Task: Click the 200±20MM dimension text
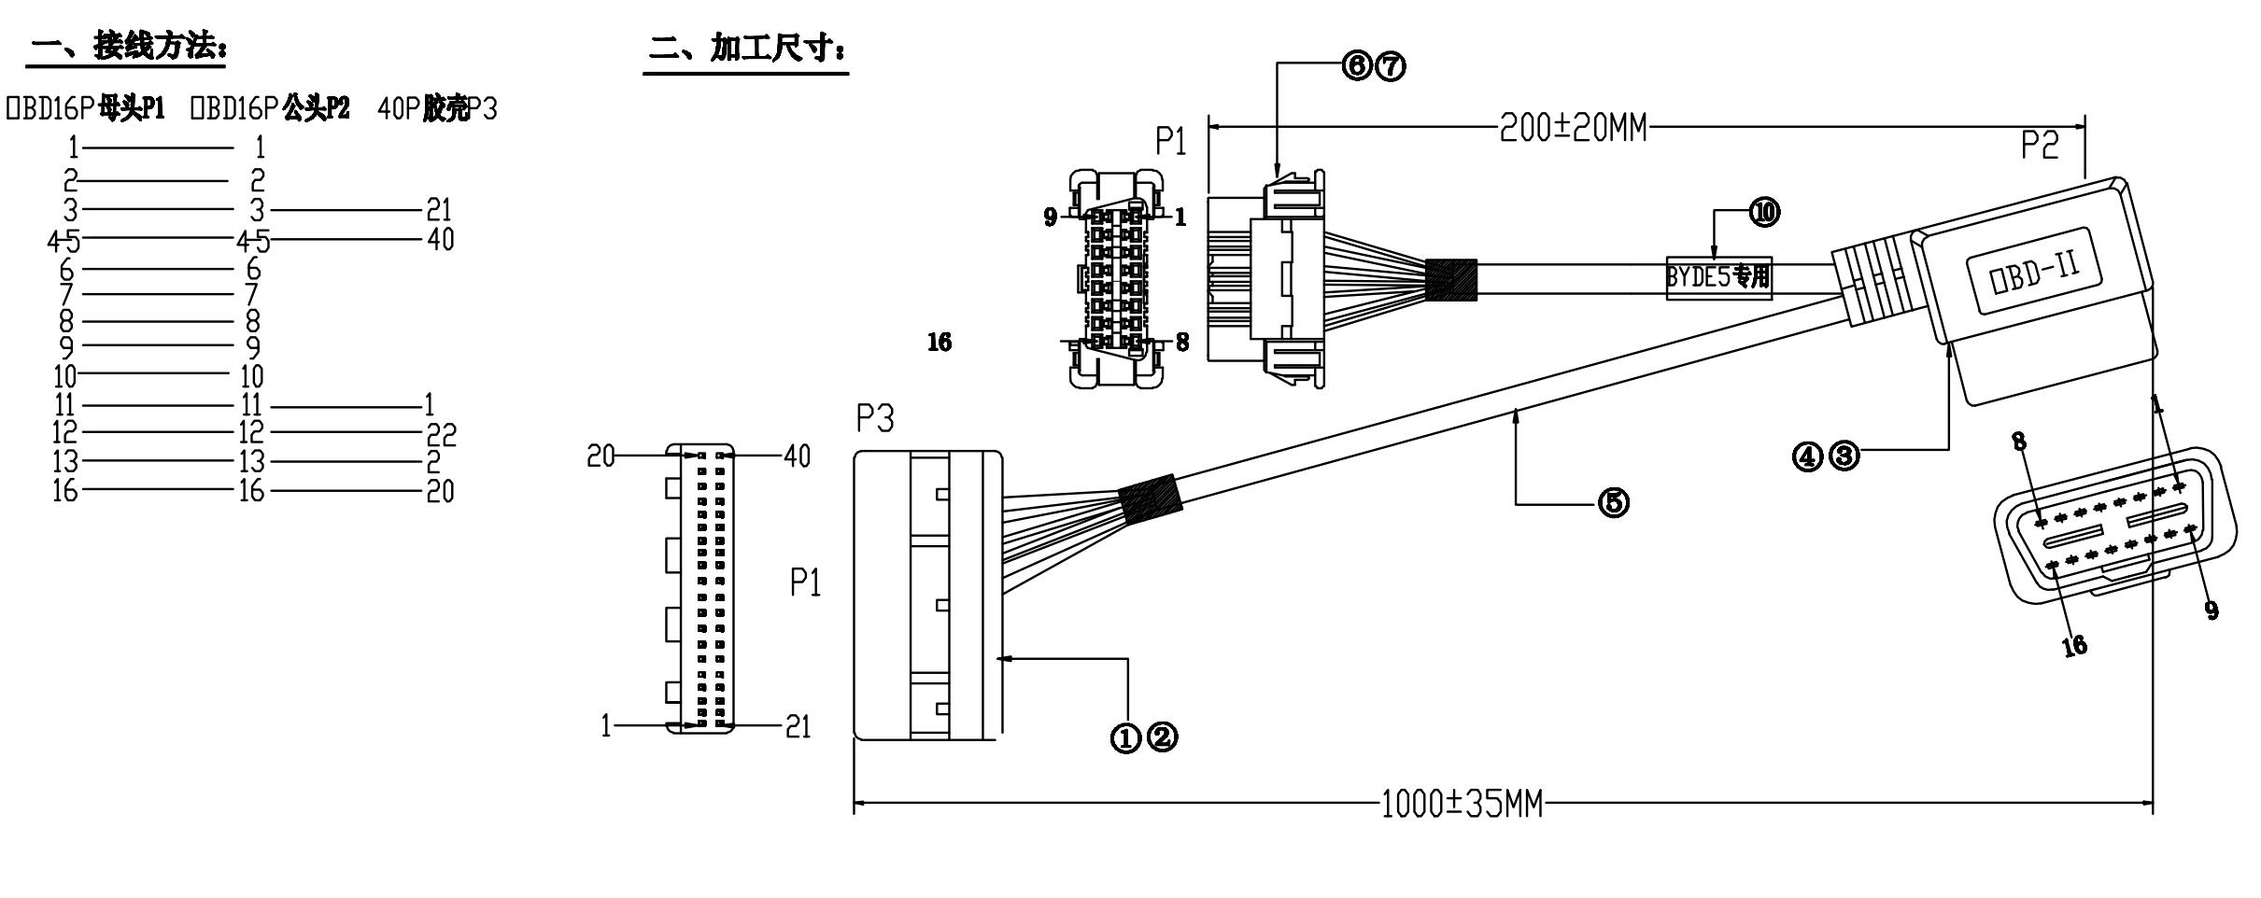coord(1573,128)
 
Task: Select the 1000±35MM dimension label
coord(1462,804)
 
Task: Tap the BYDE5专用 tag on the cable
coord(1718,277)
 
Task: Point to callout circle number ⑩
coord(1764,213)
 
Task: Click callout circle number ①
coord(1125,738)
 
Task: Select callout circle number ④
coord(1806,456)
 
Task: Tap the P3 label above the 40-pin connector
coord(875,420)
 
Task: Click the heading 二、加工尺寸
coord(747,49)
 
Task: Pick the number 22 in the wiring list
coord(440,434)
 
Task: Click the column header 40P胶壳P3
coord(437,109)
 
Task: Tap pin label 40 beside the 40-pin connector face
coord(797,456)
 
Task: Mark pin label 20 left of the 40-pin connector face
coord(601,456)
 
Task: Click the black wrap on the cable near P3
coord(1151,507)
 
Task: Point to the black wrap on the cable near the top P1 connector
coord(1451,279)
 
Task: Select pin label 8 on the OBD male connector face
coord(2019,441)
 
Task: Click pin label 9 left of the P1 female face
coord(1051,217)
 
